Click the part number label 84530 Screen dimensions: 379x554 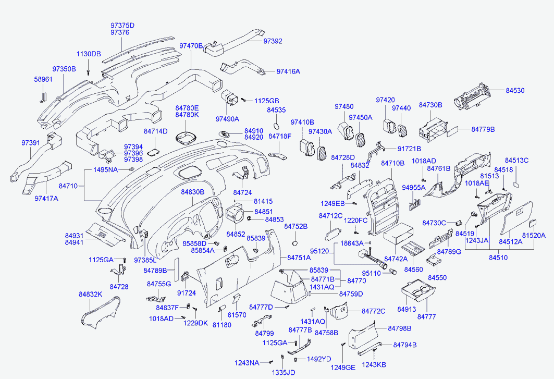pyautogui.click(x=516, y=90)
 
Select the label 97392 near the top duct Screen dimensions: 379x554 pyautogui.click(x=273, y=41)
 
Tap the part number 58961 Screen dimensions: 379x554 pyautogui.click(x=44, y=79)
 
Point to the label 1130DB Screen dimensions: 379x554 pyautogui.click(x=89, y=54)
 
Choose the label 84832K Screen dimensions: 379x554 pyautogui.click(x=91, y=295)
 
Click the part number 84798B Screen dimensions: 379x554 pyautogui.click(x=399, y=328)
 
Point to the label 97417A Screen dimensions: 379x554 pyautogui.click(x=46, y=198)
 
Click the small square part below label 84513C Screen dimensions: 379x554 pyautogui.click(x=515, y=184)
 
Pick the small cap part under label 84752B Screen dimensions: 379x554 pyautogui.click(x=294, y=242)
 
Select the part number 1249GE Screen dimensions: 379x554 pyautogui.click(x=343, y=368)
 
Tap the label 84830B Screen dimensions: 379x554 pyautogui.click(x=193, y=192)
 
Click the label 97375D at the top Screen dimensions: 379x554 pyautogui.click(x=122, y=25)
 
